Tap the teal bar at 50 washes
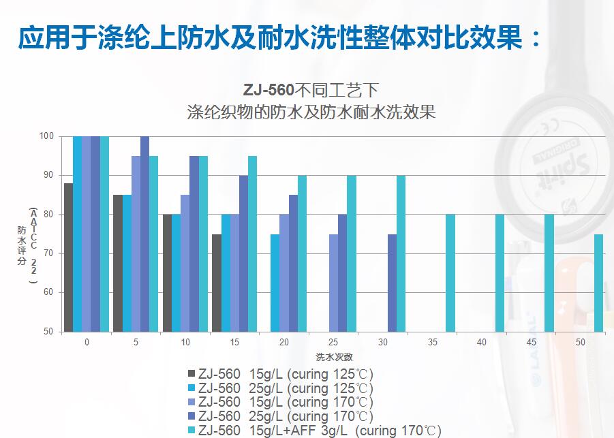598,283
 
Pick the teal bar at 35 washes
450,273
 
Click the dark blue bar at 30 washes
392,283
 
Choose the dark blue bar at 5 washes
144,234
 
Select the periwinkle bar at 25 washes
333,283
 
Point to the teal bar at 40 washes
500,273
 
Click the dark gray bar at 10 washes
167,273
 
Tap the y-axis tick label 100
46,136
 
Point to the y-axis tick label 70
48,253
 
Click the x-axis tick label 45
531,342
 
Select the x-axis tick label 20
283,342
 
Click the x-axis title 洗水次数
334,356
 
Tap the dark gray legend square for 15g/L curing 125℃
191,374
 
